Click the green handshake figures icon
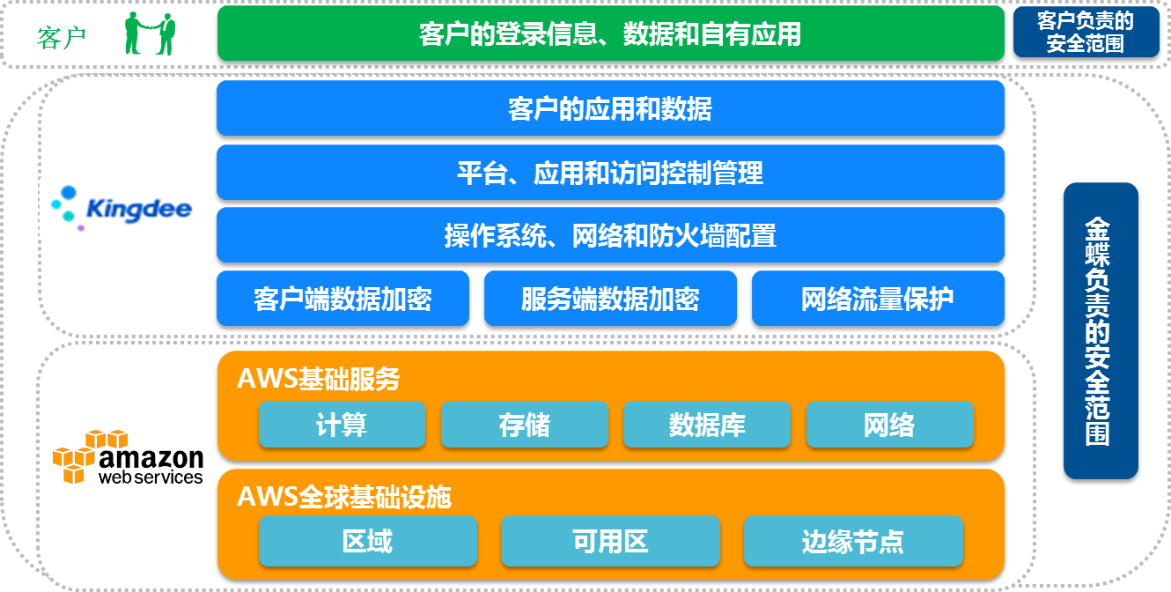coord(150,33)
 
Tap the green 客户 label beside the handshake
coord(61,38)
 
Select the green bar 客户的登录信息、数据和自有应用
coord(611,33)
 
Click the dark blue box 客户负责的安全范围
coord(1086,32)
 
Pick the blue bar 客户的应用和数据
coord(611,108)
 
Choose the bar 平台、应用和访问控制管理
coord(611,173)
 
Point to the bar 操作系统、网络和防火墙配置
coord(611,235)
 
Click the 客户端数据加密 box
coord(343,299)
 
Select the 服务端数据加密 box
coord(611,299)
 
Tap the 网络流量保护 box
coord(879,299)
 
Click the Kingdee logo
coord(122,208)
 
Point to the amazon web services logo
coord(128,457)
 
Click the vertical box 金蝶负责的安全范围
coord(1101,330)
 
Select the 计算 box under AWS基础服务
coord(342,424)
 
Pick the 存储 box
coord(525,424)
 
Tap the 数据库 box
coord(707,424)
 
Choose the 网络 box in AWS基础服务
coord(890,424)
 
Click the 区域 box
coord(368,541)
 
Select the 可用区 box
coord(611,541)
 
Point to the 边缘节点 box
coord(854,541)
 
